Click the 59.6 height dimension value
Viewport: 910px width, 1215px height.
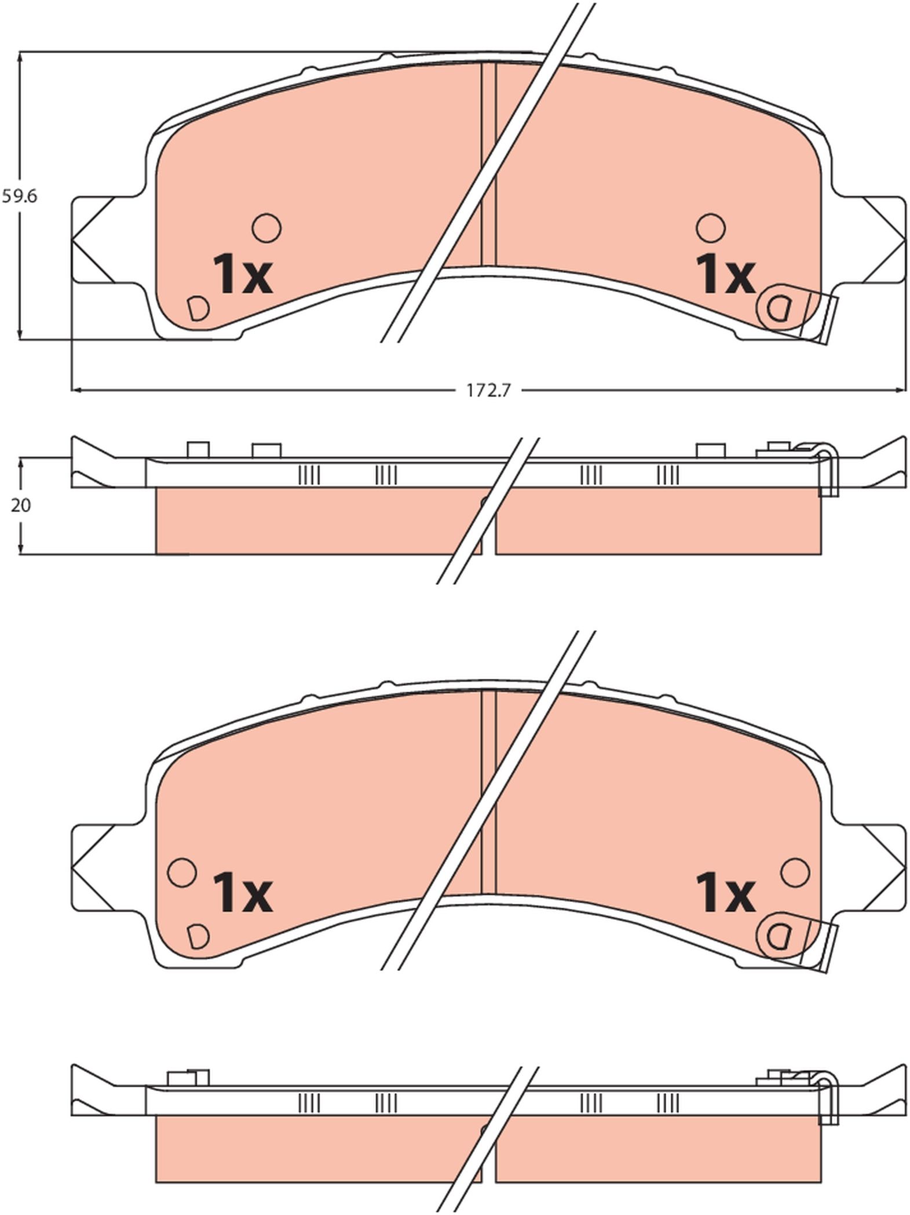pyautogui.click(x=19, y=197)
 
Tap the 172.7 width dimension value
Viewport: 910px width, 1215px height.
pyautogui.click(x=488, y=391)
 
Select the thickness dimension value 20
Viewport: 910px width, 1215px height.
pyautogui.click(x=21, y=505)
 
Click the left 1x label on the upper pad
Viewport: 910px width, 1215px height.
pyautogui.click(x=242, y=274)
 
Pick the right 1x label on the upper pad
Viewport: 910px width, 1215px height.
pyautogui.click(x=725, y=274)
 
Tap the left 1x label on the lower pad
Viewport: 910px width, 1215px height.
pyautogui.click(x=242, y=893)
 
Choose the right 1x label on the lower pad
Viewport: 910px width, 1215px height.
pyautogui.click(x=725, y=893)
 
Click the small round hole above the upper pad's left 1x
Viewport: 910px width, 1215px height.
pyautogui.click(x=266, y=227)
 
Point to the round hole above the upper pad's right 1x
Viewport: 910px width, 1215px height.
pyautogui.click(x=711, y=227)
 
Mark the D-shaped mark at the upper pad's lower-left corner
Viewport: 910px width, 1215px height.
pyautogui.click(x=198, y=308)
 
